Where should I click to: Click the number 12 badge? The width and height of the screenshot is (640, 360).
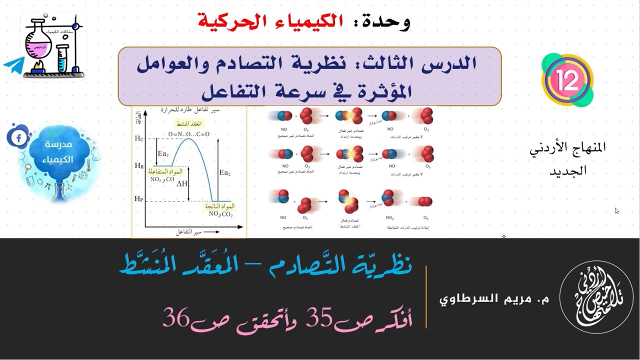(567, 80)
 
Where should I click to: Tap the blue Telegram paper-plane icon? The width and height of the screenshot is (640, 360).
(14, 65)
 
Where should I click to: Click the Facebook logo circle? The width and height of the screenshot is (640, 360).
(18, 137)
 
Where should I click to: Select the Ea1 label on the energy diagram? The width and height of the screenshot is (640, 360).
(163, 153)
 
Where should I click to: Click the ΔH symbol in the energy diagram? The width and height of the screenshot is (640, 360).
(182, 183)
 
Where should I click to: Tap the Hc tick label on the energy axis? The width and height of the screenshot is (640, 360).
(139, 138)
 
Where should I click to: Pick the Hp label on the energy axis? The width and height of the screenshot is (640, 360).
(139, 199)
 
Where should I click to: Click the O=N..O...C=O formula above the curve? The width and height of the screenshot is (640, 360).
(188, 134)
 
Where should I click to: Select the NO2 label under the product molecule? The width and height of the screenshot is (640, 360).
(389, 217)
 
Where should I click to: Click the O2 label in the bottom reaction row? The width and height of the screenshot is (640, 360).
(425, 217)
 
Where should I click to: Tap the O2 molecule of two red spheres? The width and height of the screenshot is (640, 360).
(425, 201)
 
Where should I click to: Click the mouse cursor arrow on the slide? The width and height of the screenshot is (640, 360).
(617, 211)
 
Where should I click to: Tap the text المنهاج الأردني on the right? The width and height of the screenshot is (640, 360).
(568, 148)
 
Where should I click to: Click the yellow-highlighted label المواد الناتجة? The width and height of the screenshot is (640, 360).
(219, 206)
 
